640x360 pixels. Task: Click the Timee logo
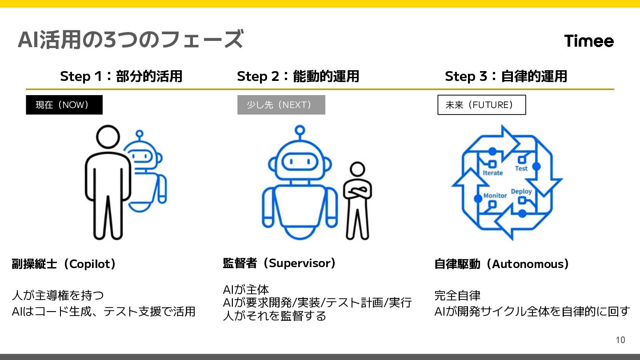[x=589, y=41]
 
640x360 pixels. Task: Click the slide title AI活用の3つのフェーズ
[x=130, y=40]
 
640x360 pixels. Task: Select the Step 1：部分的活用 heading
[x=121, y=76]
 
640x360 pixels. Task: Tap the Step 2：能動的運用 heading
[x=298, y=76]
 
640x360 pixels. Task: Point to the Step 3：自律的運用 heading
[x=506, y=76]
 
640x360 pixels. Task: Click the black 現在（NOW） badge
[x=64, y=105]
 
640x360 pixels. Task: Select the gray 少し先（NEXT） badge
[x=281, y=105]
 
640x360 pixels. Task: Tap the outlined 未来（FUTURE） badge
[x=481, y=105]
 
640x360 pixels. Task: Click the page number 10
[x=620, y=340]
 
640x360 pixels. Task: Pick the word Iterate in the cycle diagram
[x=492, y=173]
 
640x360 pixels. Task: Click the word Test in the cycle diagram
[x=521, y=168]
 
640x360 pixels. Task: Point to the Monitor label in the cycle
[x=495, y=196]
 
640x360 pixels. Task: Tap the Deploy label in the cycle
[x=521, y=192]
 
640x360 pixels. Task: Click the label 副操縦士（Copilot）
[x=64, y=264]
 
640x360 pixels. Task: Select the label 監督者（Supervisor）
[x=279, y=263]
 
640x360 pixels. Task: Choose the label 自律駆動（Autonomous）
[x=501, y=264]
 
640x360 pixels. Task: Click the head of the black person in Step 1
[x=108, y=137]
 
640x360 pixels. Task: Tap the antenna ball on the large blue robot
[x=300, y=130]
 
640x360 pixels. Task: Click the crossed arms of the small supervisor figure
[x=358, y=191]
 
